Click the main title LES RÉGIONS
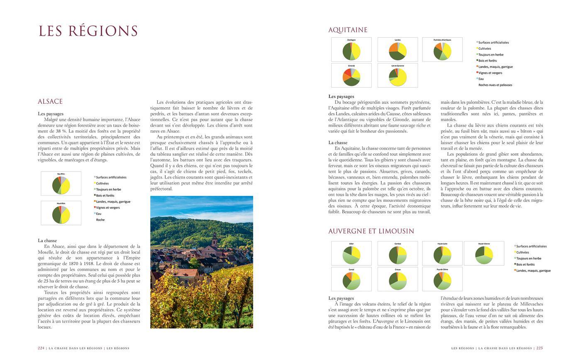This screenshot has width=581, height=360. coord(88,31)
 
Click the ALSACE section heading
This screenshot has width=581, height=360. coord(50,101)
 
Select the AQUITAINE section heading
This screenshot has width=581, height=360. coord(348,30)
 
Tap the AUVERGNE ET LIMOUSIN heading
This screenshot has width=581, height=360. coord(371,231)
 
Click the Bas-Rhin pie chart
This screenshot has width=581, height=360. coord(61,185)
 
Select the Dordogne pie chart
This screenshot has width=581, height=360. coord(352,51)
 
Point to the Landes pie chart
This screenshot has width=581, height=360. coord(398,51)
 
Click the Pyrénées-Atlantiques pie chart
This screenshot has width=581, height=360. coord(442,51)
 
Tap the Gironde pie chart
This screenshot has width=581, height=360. coord(352,77)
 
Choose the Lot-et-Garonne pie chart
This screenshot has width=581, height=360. coord(398,77)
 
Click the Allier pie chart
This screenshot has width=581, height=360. coord(352,255)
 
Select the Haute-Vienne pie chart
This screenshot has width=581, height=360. coord(484,255)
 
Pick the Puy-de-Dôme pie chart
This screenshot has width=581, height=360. coord(442,280)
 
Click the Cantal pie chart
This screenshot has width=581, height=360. coord(352,280)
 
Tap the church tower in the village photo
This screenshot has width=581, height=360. coord(214,240)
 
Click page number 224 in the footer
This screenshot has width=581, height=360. coord(41,348)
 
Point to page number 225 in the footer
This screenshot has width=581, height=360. coord(539,348)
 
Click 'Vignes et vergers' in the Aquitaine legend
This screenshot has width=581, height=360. coord(490,73)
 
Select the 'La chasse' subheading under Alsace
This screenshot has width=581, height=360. coord(47,240)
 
